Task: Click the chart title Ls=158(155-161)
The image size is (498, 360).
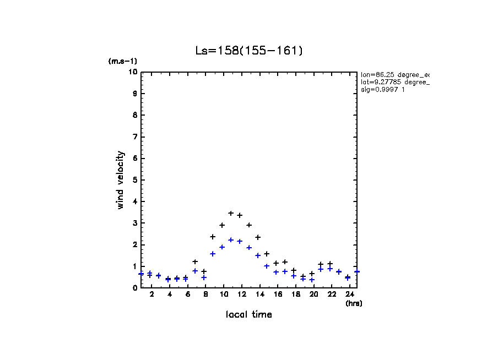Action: (x=249, y=51)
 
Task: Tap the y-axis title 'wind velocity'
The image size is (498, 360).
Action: (x=121, y=180)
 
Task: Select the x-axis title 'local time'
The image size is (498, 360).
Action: (x=248, y=315)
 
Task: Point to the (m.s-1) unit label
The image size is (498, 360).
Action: (x=123, y=61)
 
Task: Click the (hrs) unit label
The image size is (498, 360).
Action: (x=354, y=303)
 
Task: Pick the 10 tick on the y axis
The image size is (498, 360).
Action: (x=133, y=72)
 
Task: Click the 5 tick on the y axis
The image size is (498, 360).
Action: (x=135, y=180)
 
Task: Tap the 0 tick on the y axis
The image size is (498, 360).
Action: (x=135, y=287)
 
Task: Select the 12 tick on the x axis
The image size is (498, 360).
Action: (x=241, y=295)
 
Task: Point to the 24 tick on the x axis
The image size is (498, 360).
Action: (x=349, y=295)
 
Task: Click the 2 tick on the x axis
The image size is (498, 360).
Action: (x=151, y=295)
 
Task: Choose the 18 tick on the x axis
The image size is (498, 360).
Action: (x=295, y=295)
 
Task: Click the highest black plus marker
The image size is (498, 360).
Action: (x=231, y=213)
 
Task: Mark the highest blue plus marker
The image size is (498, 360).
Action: (x=231, y=240)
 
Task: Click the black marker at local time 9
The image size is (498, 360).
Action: (x=213, y=237)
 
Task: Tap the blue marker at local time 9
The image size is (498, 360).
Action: (x=213, y=254)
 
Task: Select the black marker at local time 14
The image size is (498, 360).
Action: (x=258, y=237)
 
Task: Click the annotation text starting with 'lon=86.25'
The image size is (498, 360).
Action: (x=394, y=74)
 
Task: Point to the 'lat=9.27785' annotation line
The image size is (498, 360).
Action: (x=394, y=82)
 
